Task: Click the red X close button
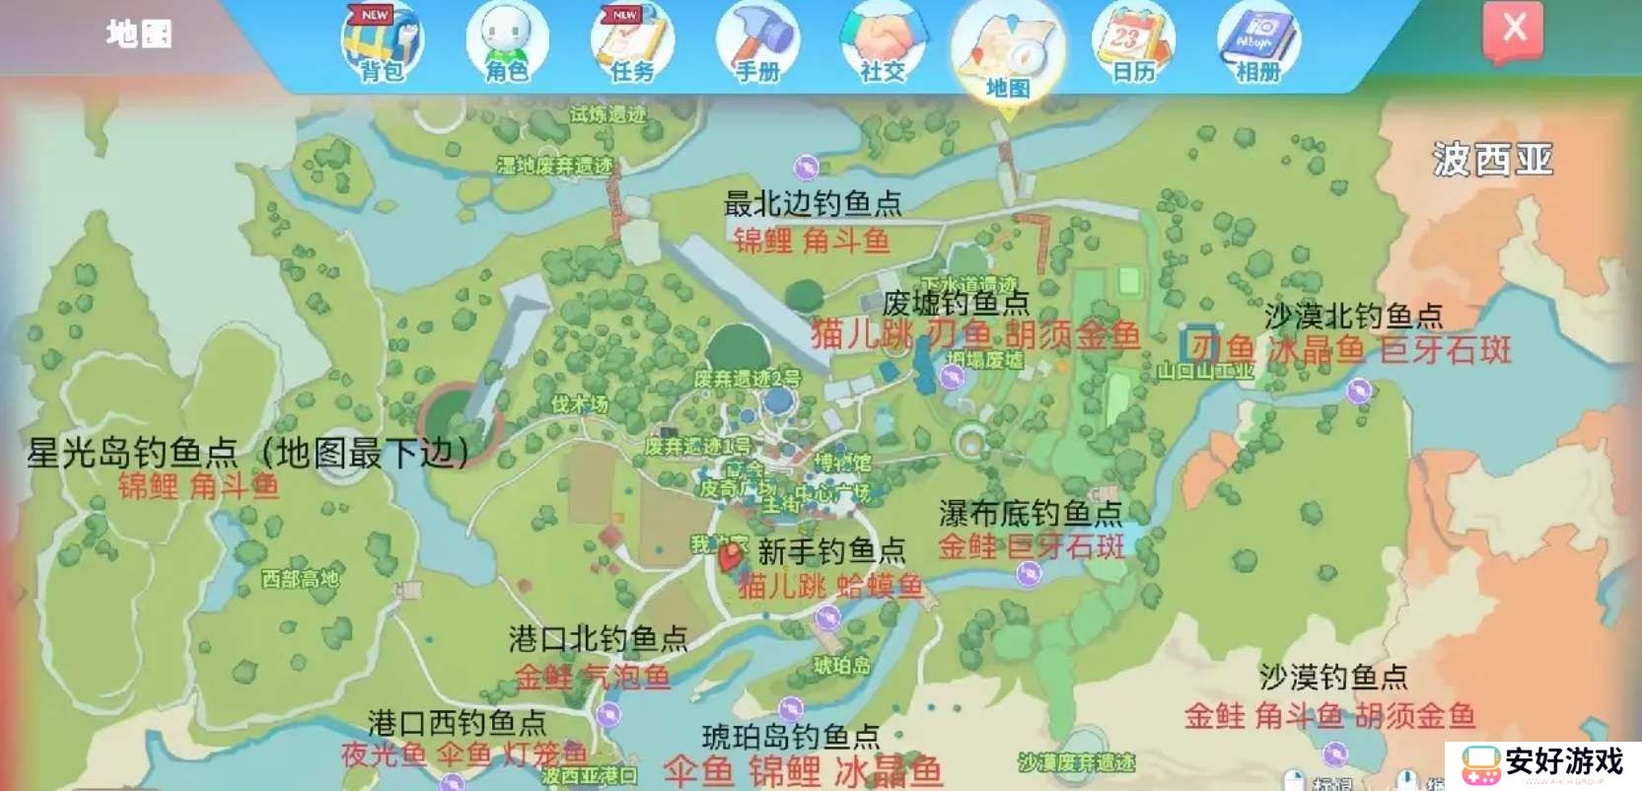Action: point(1513,30)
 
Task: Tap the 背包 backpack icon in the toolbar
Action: point(382,42)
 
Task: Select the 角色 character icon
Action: point(506,42)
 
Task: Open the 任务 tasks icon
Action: point(631,42)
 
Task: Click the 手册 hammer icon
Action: point(757,42)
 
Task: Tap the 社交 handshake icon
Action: point(882,42)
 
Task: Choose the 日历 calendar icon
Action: point(1132,42)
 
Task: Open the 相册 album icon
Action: point(1257,42)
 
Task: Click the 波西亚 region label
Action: point(1492,159)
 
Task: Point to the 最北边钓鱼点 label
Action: point(813,203)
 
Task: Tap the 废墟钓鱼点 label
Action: point(955,302)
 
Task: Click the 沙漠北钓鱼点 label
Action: point(1353,316)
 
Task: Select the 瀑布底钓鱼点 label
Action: point(1030,513)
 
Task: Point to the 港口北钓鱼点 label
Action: point(598,638)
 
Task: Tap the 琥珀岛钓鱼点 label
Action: point(790,736)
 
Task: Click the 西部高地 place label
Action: point(300,579)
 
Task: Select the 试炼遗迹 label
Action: point(607,114)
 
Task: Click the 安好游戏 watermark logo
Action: point(1542,764)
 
